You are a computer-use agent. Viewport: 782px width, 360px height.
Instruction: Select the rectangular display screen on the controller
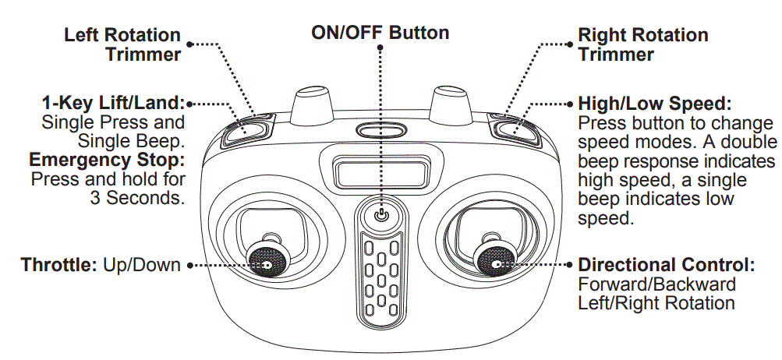(x=380, y=169)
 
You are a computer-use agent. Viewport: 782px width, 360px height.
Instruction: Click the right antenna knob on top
(x=450, y=103)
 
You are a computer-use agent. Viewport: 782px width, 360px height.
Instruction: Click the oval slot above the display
(x=380, y=131)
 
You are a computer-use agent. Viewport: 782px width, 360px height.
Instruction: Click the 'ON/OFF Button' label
(x=380, y=33)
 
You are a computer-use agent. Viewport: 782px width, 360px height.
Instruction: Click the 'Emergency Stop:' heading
(x=106, y=161)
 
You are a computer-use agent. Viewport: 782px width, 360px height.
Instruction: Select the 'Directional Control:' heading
(x=667, y=265)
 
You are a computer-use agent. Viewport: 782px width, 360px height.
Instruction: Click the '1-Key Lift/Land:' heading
(x=113, y=104)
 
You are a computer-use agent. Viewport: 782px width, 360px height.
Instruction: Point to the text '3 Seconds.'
(x=137, y=198)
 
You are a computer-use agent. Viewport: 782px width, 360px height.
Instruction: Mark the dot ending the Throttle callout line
(x=189, y=265)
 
